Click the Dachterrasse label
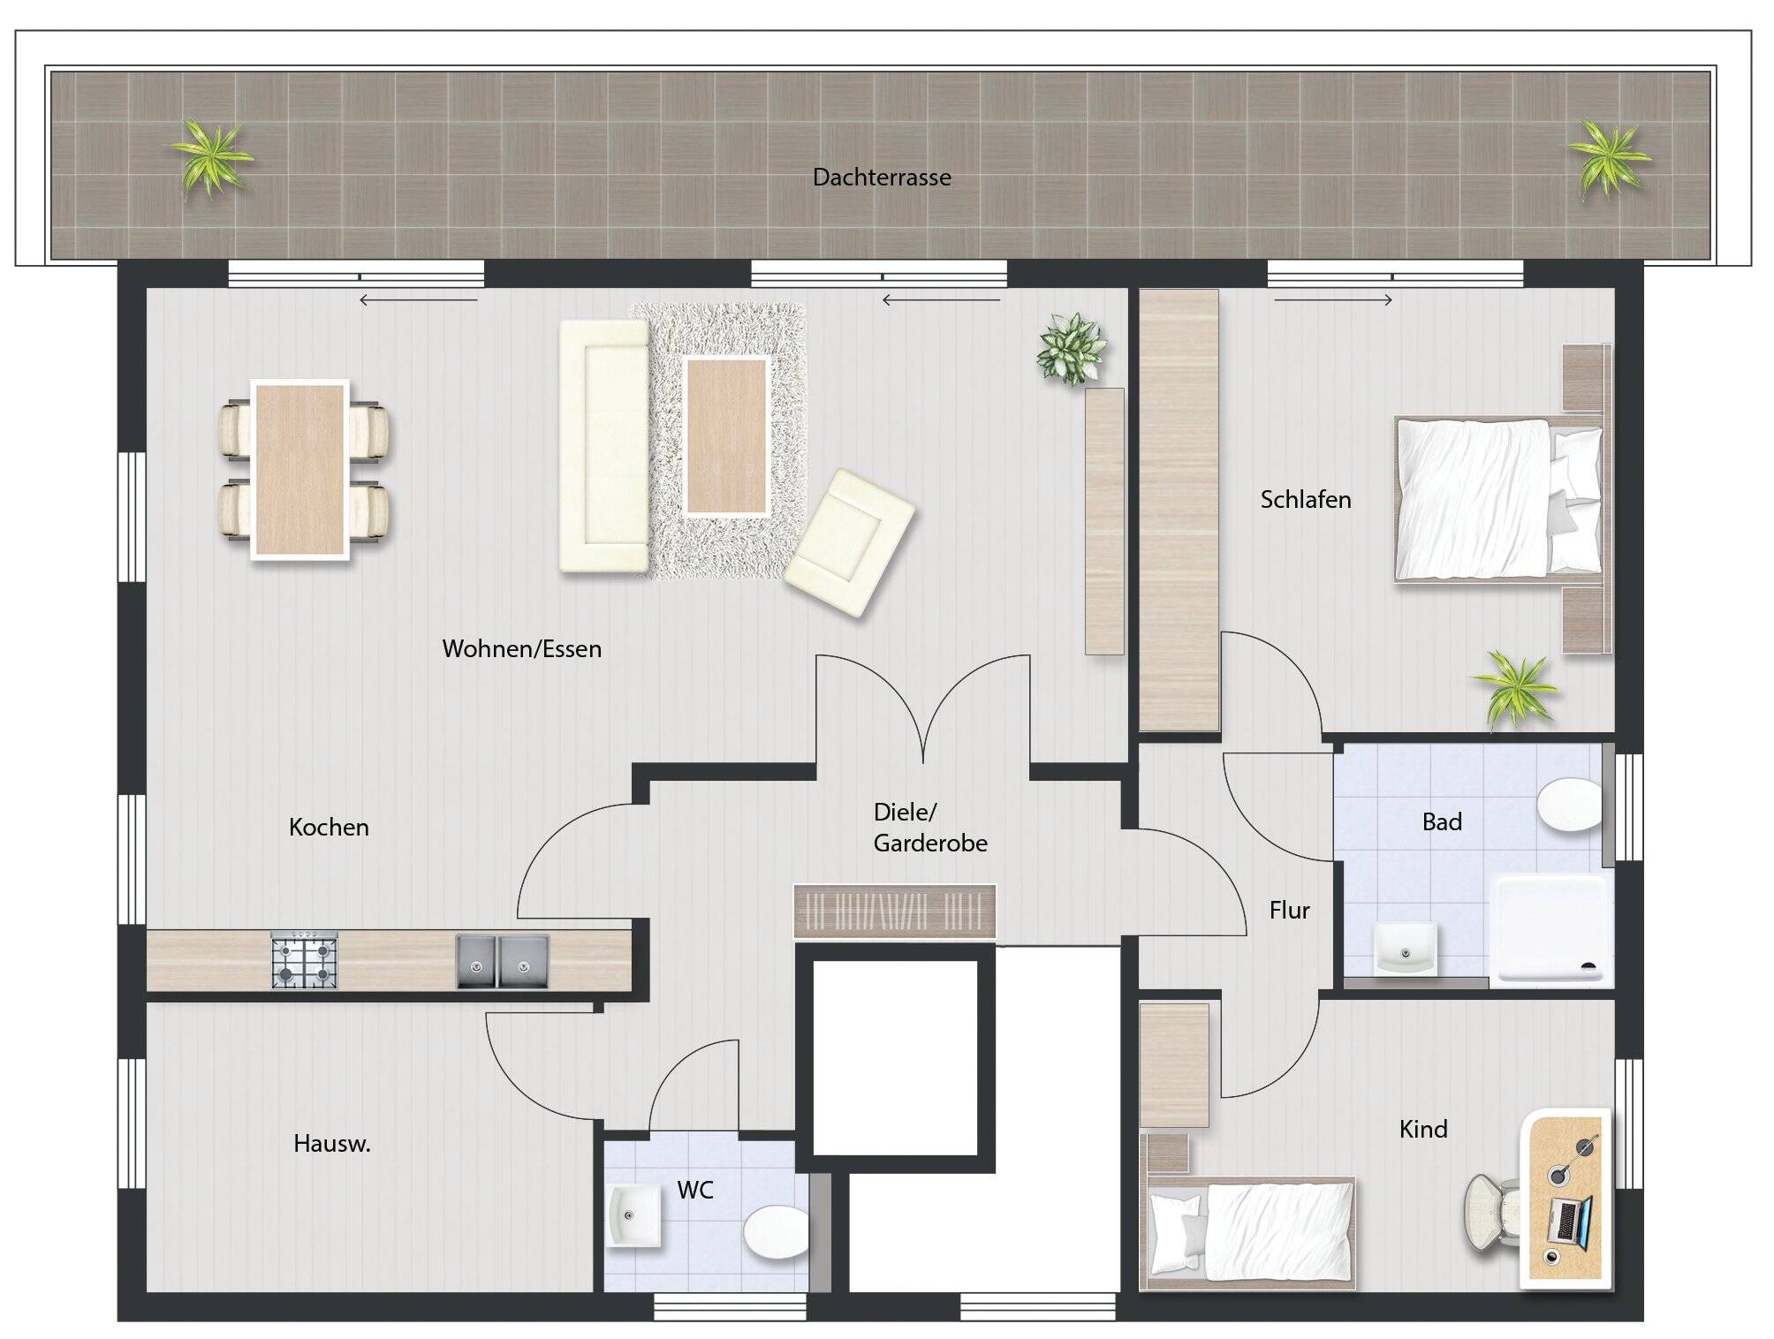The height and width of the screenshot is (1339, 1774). tap(882, 178)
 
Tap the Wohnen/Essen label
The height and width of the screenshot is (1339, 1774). tap(521, 649)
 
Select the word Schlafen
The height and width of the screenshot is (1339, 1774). tap(1305, 500)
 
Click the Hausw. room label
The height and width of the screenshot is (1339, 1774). tap(331, 1144)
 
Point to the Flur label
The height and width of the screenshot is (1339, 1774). tap(1289, 911)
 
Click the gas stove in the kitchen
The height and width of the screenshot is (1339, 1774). tap(304, 960)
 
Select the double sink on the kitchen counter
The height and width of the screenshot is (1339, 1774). tap(502, 961)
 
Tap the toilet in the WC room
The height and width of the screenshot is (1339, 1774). tap(776, 1232)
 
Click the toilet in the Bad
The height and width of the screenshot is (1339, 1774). tap(1570, 804)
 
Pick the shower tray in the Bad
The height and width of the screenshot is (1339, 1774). tap(1551, 930)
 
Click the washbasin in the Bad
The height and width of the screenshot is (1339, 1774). tap(1405, 949)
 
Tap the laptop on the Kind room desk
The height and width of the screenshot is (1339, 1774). tap(1570, 1222)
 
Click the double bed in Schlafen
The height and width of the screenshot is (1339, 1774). tap(1499, 500)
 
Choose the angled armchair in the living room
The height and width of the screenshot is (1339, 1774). tap(849, 542)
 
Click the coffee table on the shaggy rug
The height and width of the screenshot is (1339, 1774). tap(726, 436)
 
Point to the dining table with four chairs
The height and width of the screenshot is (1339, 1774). tap(299, 470)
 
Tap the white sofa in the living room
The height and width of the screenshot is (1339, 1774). tap(604, 446)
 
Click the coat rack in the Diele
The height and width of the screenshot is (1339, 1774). tap(895, 911)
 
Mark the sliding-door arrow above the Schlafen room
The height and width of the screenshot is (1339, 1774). tap(1333, 300)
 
